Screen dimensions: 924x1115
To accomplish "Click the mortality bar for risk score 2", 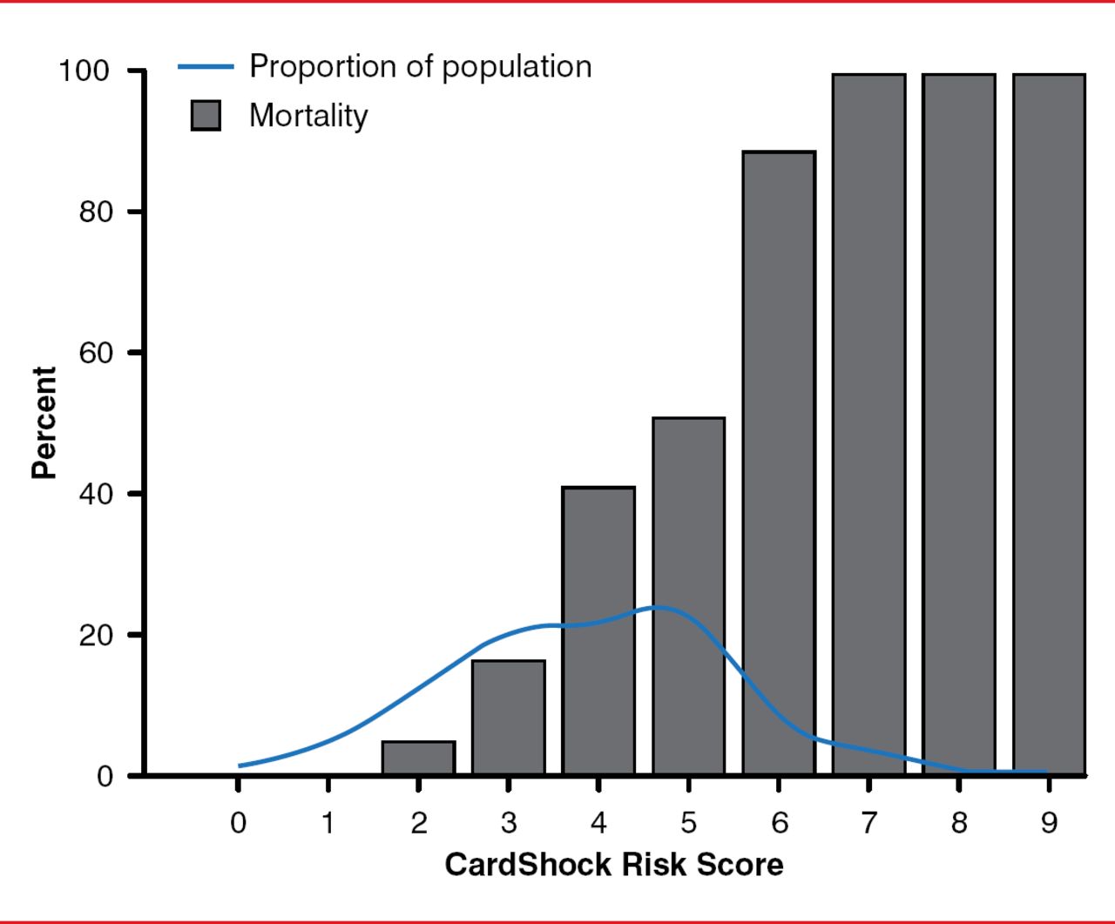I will (x=418, y=758).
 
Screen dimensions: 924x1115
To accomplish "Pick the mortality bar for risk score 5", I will (x=688, y=523).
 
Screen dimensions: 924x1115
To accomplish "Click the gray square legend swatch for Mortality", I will (x=206, y=116).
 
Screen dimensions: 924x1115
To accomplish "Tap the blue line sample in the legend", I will (x=206, y=66).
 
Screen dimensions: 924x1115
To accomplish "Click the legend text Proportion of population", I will (x=420, y=66).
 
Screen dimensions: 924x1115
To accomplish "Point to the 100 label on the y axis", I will (x=84, y=71).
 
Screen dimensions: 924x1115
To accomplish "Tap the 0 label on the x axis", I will (x=238, y=822).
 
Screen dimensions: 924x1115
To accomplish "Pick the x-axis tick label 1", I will (x=328, y=822).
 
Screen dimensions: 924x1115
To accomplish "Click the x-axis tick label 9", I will (x=1049, y=822).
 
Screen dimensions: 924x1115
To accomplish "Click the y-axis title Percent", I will (x=44, y=422).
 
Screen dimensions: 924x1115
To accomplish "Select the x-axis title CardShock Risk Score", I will (x=613, y=865).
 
